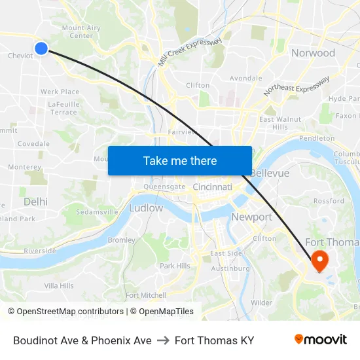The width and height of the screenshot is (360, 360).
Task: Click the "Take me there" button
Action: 180,160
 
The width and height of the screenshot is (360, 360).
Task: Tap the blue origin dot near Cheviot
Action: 41,48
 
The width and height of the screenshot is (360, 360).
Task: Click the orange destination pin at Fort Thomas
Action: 319,261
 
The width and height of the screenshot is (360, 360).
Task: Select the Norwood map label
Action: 313,53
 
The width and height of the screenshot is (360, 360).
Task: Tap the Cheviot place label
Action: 20,56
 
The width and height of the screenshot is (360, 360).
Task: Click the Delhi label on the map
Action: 35,202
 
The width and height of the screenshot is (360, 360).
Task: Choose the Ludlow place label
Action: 146,208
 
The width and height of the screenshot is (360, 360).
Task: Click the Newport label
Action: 251,217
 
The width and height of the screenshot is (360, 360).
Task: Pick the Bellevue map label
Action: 269,173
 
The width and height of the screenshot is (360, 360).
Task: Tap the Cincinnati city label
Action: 212,187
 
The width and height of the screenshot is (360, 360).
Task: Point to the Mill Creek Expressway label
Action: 190,52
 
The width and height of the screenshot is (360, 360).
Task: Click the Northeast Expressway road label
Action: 297,86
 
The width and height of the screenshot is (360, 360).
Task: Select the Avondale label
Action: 245,78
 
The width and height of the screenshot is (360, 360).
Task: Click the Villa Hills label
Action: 59,285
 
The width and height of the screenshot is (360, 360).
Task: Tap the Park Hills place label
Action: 175,266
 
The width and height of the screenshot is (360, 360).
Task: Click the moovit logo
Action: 321,340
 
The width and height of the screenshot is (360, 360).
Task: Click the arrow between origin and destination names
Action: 163,340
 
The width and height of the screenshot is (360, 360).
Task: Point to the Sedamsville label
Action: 97,212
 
